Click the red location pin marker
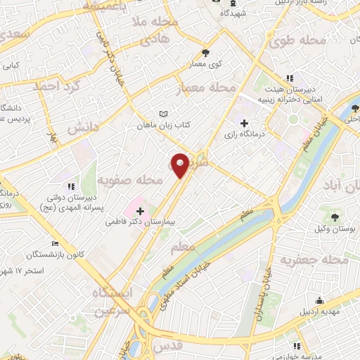coord(181,165)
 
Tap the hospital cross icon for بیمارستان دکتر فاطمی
coord(140,210)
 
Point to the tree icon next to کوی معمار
coord(205,52)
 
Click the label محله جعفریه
coord(314,261)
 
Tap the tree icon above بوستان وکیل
coord(335,217)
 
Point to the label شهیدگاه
coord(233,13)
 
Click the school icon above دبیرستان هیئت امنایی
coord(289,79)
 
